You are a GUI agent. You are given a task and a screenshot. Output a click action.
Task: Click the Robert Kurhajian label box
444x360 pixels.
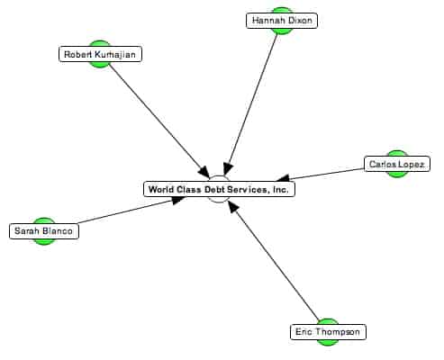100,54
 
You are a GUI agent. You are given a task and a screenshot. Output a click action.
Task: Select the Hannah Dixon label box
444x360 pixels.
282,21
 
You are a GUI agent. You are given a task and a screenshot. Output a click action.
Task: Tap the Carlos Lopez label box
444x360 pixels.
397,164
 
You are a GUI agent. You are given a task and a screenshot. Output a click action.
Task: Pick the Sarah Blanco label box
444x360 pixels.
44,231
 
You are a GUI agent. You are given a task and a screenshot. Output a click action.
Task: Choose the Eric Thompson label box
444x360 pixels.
328,332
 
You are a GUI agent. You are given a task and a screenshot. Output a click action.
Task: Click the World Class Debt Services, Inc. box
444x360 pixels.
219,189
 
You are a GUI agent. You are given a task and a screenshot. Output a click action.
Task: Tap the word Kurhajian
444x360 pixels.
115,54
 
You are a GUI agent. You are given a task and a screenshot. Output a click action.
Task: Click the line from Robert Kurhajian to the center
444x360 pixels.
159,121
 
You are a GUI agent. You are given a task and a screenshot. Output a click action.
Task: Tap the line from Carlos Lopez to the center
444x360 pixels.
321,175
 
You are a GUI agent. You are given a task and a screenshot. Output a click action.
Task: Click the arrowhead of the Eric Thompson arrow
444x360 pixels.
232,206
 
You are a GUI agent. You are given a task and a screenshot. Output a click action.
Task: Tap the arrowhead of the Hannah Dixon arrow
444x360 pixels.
227,169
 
